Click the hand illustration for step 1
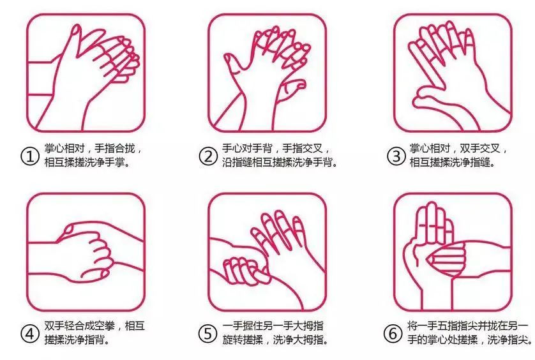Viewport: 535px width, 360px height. (86, 72)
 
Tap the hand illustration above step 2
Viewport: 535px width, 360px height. (269, 72)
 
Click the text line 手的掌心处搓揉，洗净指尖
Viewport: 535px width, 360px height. (469, 340)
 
